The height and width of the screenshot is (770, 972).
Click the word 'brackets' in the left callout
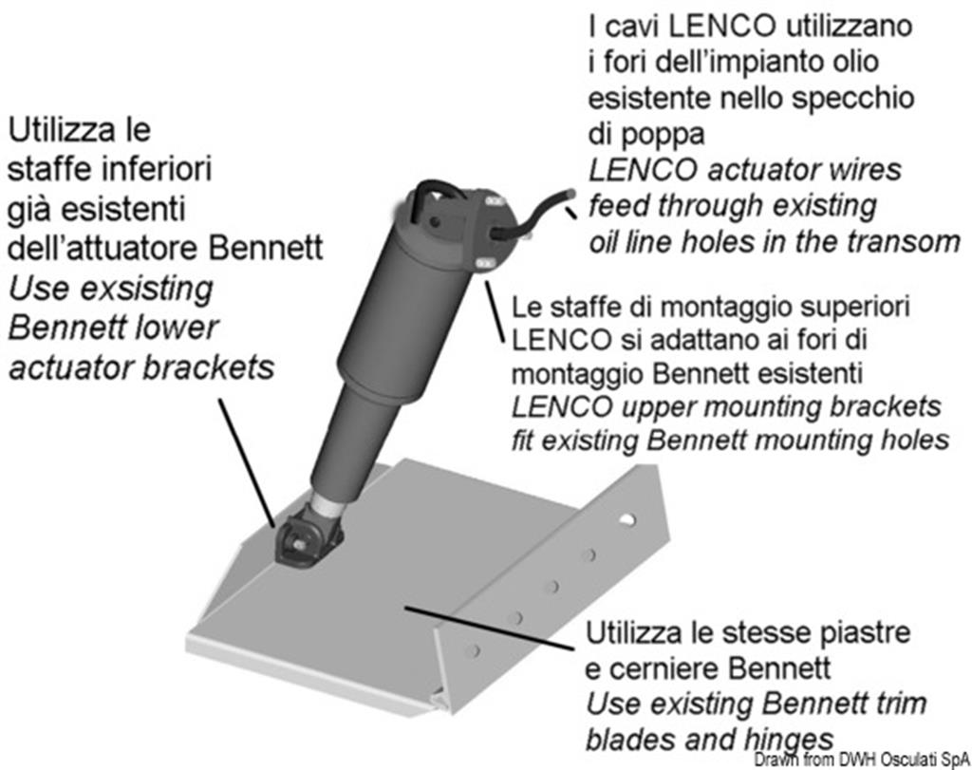(209, 367)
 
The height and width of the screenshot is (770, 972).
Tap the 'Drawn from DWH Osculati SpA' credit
(862, 760)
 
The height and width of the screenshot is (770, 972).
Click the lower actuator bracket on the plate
(308, 536)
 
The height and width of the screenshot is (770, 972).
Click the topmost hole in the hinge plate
(626, 519)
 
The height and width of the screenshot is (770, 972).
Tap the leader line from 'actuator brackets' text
(247, 461)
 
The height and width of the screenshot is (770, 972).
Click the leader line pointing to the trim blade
(489, 628)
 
